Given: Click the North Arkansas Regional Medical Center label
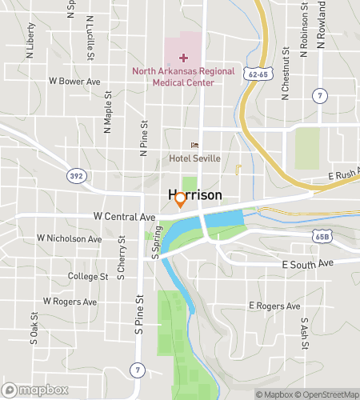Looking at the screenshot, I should pyautogui.click(x=183, y=76).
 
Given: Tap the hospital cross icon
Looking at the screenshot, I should pyautogui.click(x=183, y=58).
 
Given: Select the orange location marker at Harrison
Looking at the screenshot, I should pyautogui.click(x=181, y=199).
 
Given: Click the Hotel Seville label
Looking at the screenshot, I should pyautogui.click(x=194, y=158).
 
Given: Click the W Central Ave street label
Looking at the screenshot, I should pyautogui.click(x=124, y=217).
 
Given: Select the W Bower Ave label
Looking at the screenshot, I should pyautogui.click(x=74, y=81).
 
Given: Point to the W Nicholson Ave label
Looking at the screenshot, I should pyautogui.click(x=70, y=238).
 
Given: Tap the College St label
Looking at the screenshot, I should pyautogui.click(x=88, y=276).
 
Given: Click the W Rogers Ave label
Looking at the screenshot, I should pyautogui.click(x=70, y=302).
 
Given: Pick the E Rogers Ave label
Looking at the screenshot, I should pyautogui.click(x=274, y=306).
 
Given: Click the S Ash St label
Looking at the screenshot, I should pyautogui.click(x=304, y=330).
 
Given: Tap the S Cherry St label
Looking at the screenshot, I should pyautogui.click(x=121, y=258).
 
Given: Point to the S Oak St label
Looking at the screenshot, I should pyautogui.click(x=34, y=328).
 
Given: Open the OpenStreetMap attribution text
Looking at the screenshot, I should pyautogui.click(x=328, y=394).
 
